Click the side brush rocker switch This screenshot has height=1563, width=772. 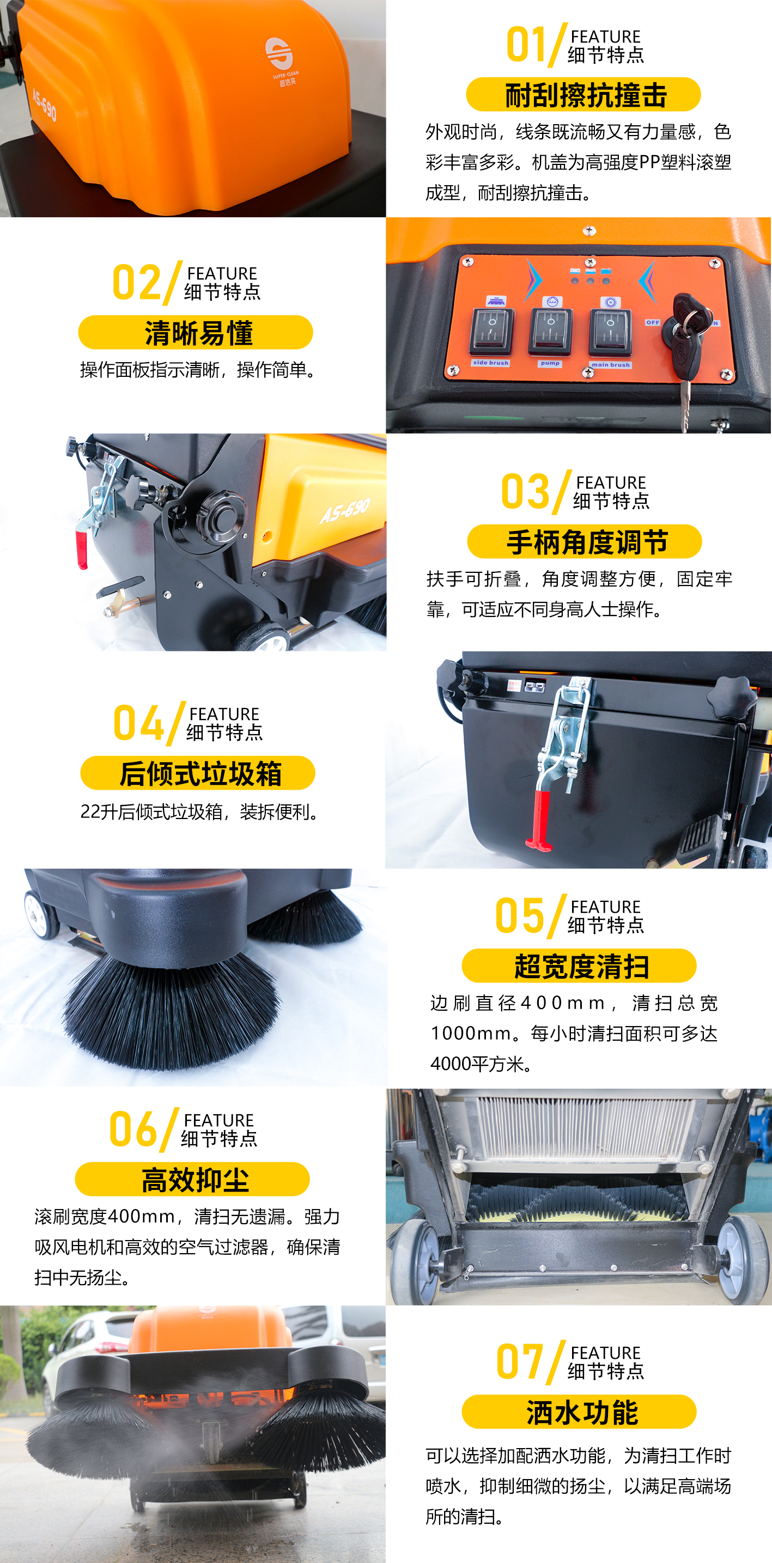(x=491, y=331)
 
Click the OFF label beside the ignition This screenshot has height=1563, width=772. (x=653, y=322)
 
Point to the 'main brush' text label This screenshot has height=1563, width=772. (x=611, y=365)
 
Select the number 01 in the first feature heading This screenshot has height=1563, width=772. (x=526, y=45)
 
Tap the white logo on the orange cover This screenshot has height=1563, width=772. (x=279, y=53)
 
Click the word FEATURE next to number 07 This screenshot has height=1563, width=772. (x=606, y=1352)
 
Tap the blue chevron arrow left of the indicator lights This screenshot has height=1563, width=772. (x=533, y=280)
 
